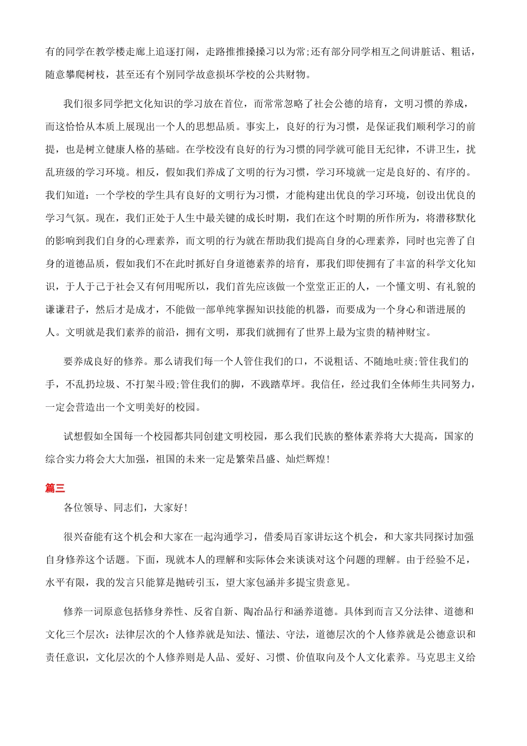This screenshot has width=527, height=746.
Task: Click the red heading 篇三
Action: (55, 488)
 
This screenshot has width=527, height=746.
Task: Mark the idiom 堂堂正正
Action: (326, 287)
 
